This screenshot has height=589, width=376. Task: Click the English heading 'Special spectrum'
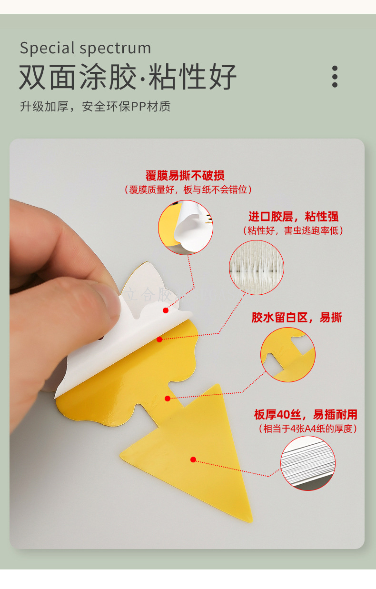pyautogui.click(x=85, y=48)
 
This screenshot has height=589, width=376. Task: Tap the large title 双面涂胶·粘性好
pyautogui.click(x=128, y=77)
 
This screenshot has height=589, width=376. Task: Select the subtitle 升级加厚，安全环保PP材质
pyautogui.click(x=95, y=107)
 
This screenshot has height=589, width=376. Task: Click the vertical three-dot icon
pyautogui.click(x=335, y=77)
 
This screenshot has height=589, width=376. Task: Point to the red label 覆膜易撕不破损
pyautogui.click(x=185, y=175)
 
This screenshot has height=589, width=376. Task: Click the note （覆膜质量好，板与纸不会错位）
pyautogui.click(x=188, y=190)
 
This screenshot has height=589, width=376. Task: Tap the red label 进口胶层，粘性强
pyautogui.click(x=293, y=217)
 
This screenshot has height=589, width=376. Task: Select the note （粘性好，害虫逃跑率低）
pyautogui.click(x=293, y=230)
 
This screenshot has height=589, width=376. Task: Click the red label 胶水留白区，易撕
pyautogui.click(x=297, y=318)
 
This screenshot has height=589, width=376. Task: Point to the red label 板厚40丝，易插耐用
pyautogui.click(x=306, y=415)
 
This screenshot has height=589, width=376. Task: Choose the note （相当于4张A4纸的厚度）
pyautogui.click(x=308, y=429)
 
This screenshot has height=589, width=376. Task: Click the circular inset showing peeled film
pyautogui.click(x=186, y=228)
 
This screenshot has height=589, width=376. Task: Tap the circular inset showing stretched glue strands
pyautogui.click(x=257, y=268)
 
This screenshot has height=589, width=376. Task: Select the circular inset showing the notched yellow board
pyautogui.click(x=288, y=354)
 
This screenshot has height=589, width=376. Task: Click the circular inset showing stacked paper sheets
pyautogui.click(x=308, y=463)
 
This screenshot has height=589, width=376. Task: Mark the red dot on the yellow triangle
pyautogui.click(x=193, y=459)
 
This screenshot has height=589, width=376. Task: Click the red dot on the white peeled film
pyautogui.click(x=166, y=310)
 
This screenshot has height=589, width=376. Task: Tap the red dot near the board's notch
pyautogui.click(x=168, y=399)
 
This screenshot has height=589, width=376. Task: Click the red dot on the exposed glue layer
pyautogui.click(x=159, y=339)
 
